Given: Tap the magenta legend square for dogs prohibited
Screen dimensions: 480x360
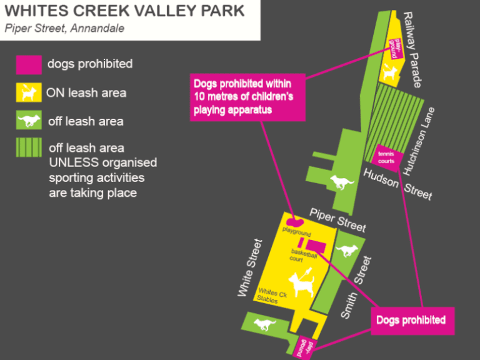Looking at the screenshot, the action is (x=29, y=64).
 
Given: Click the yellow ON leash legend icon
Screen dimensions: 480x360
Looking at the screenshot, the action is (x=29, y=92).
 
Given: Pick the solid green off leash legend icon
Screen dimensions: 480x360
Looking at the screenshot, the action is (x=29, y=121).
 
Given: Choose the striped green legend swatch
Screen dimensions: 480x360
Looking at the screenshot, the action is (x=29, y=148).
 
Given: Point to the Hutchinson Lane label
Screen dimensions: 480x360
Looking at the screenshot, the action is (x=418, y=141).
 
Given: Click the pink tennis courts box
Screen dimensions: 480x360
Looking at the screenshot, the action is (x=386, y=157).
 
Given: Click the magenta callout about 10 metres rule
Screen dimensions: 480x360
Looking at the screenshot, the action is (x=247, y=97).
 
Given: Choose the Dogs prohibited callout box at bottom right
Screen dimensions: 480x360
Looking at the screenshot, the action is (x=411, y=320).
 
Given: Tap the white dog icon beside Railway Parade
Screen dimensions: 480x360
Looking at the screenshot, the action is (x=390, y=72).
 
